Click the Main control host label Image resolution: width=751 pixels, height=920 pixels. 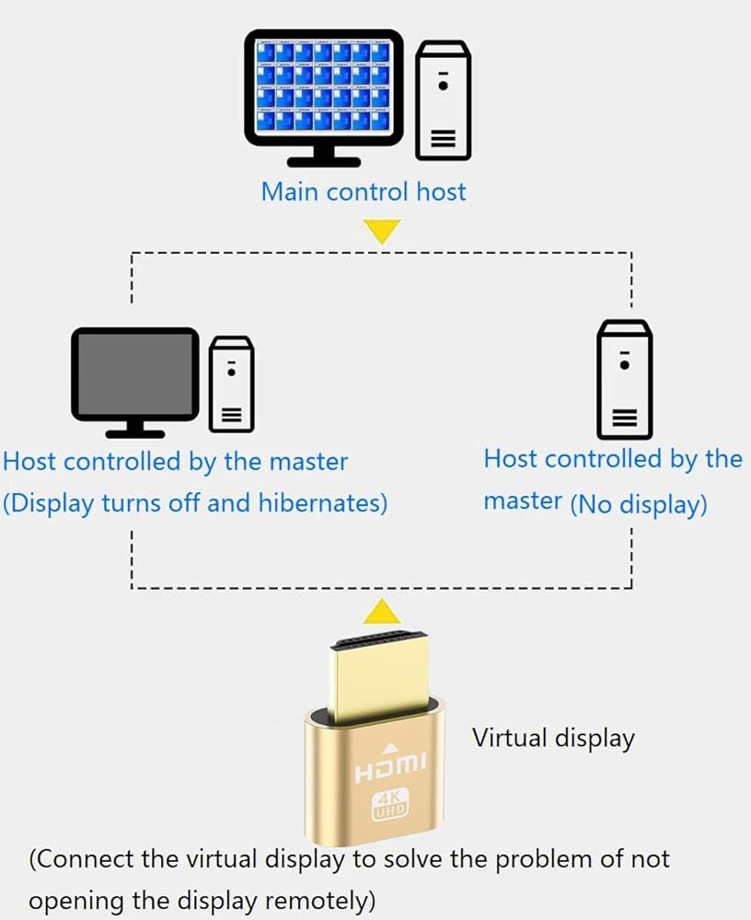364,191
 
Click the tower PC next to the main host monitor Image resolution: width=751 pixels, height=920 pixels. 444,98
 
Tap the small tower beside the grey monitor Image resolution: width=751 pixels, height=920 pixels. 231,384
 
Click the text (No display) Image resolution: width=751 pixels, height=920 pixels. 639,504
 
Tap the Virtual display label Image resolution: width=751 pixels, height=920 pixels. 553,738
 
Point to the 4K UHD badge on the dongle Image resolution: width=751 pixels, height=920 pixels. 390,805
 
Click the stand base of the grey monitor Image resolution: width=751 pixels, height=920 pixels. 135,431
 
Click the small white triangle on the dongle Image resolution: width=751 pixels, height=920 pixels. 390,747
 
